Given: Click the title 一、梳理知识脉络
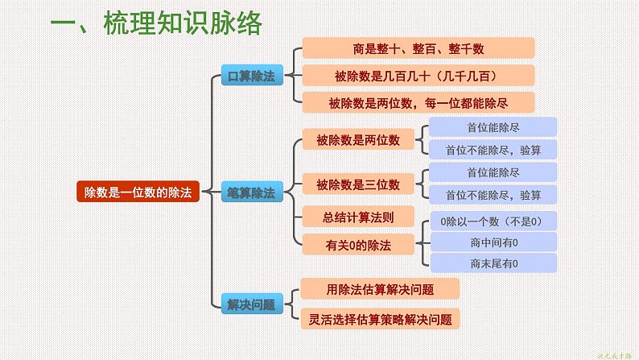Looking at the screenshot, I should click(x=156, y=23).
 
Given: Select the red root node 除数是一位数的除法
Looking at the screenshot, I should click(x=138, y=192).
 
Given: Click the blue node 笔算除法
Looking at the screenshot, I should click(x=252, y=193).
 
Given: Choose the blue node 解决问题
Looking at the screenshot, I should click(x=252, y=304).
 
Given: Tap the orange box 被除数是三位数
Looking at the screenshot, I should click(x=358, y=184).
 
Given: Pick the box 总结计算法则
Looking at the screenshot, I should click(x=358, y=216).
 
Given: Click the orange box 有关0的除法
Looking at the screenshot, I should click(x=358, y=242).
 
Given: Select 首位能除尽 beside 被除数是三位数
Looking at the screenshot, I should click(x=493, y=173).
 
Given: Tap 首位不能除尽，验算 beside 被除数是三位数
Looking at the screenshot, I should click(x=493, y=195).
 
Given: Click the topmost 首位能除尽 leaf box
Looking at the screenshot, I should click(x=493, y=127).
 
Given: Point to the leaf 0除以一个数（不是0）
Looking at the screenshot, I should click(x=493, y=221).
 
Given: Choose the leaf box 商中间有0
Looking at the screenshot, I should click(x=493, y=242).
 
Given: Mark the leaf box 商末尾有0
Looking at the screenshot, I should click(x=493, y=263).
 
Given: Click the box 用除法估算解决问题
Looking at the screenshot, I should click(x=380, y=289).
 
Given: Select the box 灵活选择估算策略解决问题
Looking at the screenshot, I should click(x=380, y=318).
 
